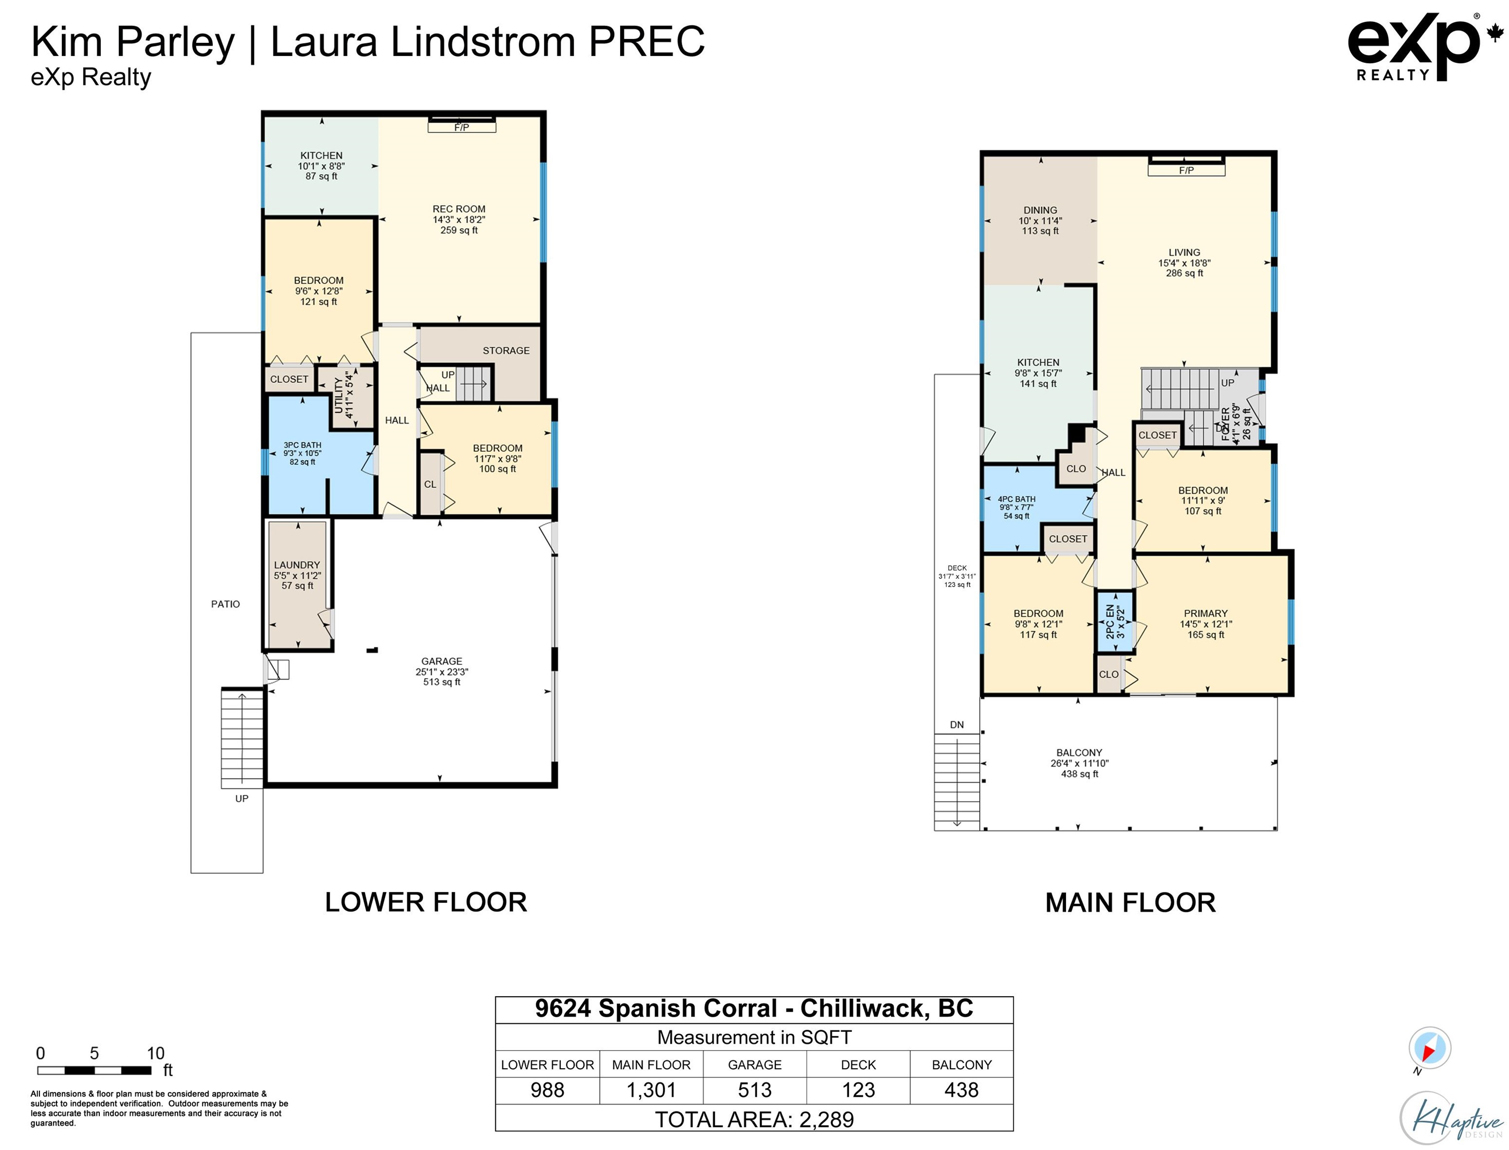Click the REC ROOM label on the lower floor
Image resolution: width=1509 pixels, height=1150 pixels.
(459, 209)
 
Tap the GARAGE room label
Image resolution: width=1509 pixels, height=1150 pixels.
(441, 661)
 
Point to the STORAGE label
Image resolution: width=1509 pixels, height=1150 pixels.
(506, 350)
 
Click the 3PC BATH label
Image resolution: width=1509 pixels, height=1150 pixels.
(302, 445)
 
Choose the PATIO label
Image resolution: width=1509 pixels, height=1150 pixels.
(225, 604)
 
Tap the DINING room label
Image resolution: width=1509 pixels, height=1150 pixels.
(1040, 210)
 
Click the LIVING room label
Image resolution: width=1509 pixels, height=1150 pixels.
(1184, 252)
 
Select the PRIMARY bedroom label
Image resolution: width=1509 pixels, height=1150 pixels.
(1206, 613)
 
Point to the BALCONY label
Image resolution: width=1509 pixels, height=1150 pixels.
(1079, 752)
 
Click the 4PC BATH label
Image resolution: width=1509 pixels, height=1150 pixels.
(1017, 499)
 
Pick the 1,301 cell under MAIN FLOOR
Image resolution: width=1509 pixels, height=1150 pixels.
(651, 1090)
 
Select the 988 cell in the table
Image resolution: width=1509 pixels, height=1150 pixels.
(547, 1090)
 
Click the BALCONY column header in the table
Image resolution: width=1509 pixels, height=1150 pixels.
(961, 1065)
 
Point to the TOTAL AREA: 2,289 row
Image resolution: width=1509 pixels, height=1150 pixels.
(754, 1119)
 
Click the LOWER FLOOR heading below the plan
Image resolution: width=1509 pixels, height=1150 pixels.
(426, 902)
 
